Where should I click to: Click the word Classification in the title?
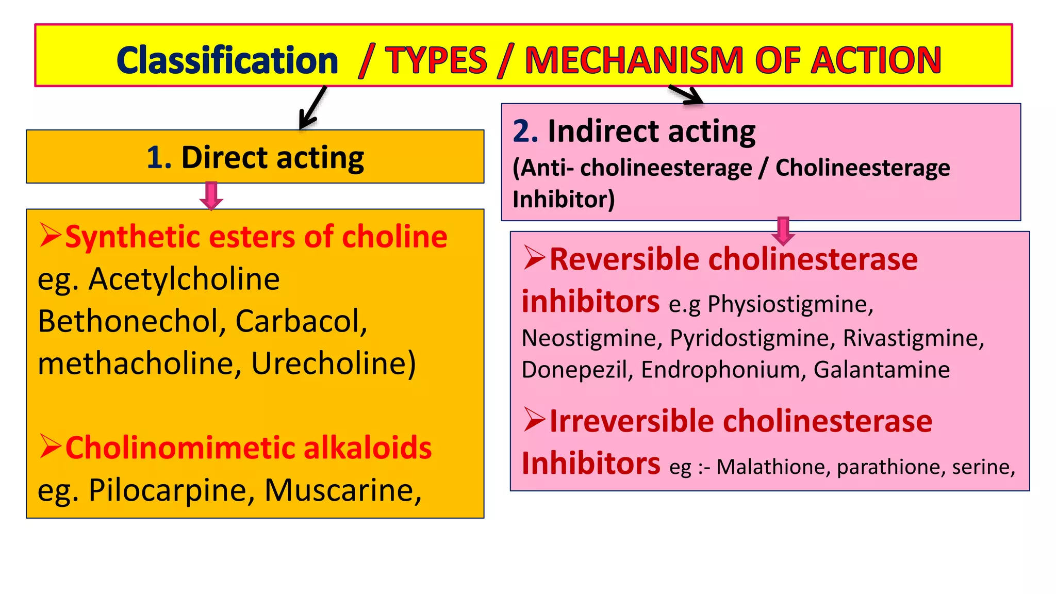(x=227, y=60)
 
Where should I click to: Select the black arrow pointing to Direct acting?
(x=312, y=108)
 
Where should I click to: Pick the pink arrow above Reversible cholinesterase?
(x=783, y=230)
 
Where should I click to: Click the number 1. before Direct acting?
(x=159, y=157)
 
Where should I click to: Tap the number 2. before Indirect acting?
(x=525, y=131)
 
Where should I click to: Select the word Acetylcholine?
(x=184, y=279)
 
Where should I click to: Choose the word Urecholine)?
(x=334, y=364)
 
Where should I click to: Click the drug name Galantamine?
(x=881, y=370)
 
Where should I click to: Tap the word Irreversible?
(x=631, y=421)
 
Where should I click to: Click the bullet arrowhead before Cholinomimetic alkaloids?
(x=51, y=447)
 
